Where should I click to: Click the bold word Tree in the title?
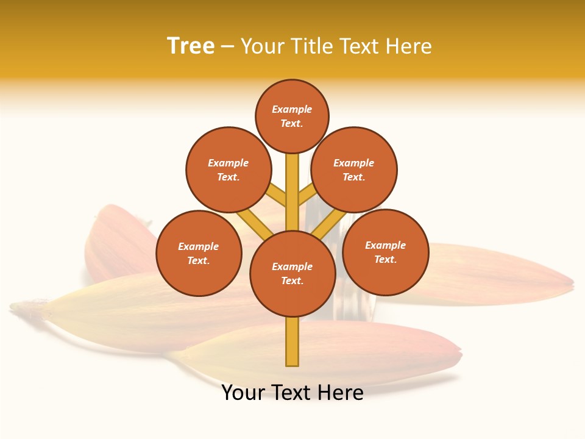point(191,46)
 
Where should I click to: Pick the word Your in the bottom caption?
point(243,393)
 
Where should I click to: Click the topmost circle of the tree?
point(292,116)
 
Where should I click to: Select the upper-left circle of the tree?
point(228,170)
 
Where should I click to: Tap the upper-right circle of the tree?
point(353,170)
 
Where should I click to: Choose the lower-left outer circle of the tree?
point(199,253)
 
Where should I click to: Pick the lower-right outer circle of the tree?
point(385,252)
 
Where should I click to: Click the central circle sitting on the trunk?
point(292,273)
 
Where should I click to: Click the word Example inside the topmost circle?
point(292,109)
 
